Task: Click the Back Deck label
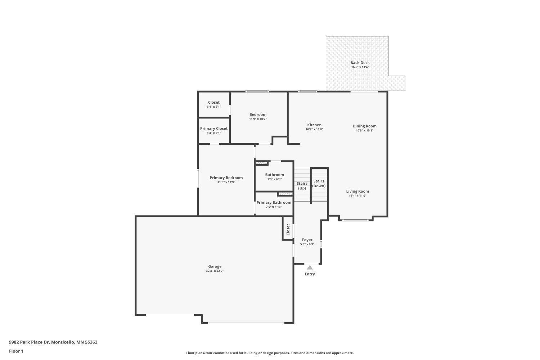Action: coord(360,63)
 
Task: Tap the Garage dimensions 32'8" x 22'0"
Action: coord(215,271)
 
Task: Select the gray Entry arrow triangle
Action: coord(310,267)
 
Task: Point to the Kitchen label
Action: coord(314,125)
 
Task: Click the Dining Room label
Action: coord(364,126)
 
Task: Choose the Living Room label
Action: coord(357,192)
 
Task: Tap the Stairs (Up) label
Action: coord(302,186)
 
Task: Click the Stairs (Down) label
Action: coord(319,184)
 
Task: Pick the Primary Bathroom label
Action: coord(274,203)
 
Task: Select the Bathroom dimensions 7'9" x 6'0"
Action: coord(275,179)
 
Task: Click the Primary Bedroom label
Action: coord(226,178)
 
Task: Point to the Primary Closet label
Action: coord(214,129)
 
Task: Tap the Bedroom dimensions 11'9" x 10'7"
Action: coord(258,119)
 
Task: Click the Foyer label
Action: coord(307,240)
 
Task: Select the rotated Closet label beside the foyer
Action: coord(288,230)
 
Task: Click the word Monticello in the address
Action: coord(63,342)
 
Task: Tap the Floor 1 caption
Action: coord(16,351)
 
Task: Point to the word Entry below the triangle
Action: coord(310,274)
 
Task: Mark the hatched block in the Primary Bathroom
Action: coord(285,194)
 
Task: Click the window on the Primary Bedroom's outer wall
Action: coord(198,178)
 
